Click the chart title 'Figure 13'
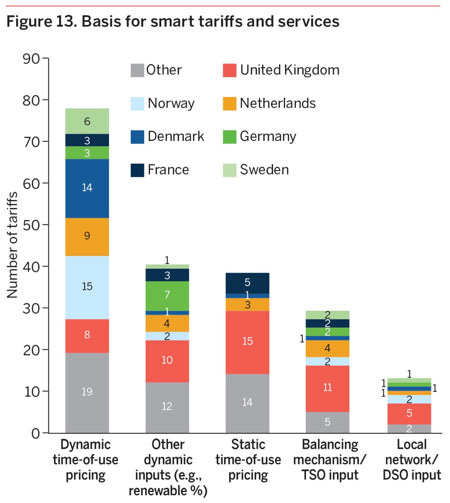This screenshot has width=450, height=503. tap(172, 22)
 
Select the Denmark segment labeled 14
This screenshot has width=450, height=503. tap(87, 188)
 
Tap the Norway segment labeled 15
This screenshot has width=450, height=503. tap(87, 287)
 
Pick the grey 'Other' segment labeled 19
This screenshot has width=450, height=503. tap(87, 392)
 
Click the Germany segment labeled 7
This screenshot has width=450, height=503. tap(167, 295)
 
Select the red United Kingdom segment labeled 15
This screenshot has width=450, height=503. tap(247, 342)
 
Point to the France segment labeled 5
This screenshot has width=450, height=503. tap(247, 283)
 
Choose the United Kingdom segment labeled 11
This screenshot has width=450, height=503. tap(327, 388)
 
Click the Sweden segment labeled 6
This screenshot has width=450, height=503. tap(87, 121)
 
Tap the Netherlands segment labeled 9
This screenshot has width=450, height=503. tap(87, 236)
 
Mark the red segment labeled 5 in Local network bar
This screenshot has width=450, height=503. tap(409, 414)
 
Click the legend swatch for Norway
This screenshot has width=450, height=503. tap(137, 104)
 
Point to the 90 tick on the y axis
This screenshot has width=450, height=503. tap(31, 59)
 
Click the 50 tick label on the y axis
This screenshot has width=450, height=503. tap(31, 225)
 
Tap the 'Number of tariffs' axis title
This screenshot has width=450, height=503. tap(12, 245)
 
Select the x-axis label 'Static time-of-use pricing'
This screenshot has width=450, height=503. tap(248, 460)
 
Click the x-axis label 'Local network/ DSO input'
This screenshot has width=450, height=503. tap(412, 460)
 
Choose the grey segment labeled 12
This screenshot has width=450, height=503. tap(167, 407)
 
